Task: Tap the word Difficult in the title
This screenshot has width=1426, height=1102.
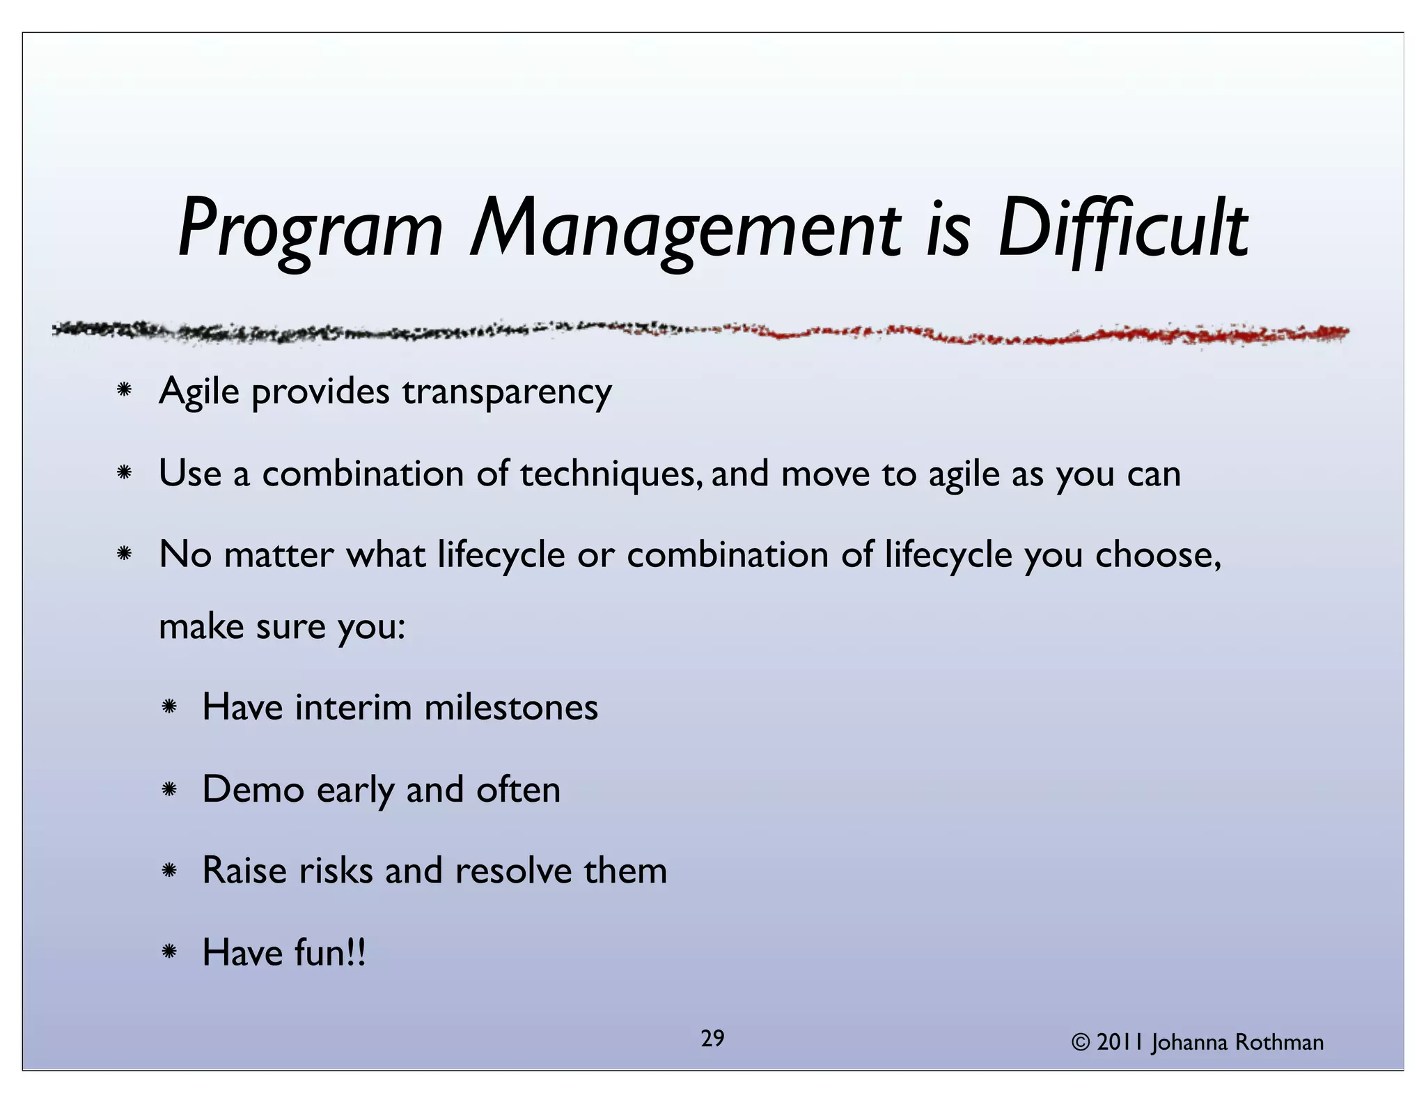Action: pyautogui.click(x=1122, y=228)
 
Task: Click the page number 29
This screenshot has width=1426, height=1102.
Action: pyautogui.click(x=712, y=1039)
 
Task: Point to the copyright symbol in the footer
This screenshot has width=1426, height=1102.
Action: pyautogui.click(x=1081, y=1042)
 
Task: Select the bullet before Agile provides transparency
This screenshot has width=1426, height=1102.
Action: pyautogui.click(x=125, y=390)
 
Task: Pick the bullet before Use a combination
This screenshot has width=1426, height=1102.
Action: pyautogui.click(x=125, y=473)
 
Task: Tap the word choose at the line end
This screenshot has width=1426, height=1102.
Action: pyautogui.click(x=1156, y=555)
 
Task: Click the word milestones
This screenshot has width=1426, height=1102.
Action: pyautogui.click(x=511, y=707)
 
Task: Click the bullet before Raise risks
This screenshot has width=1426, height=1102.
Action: pyautogui.click(x=169, y=871)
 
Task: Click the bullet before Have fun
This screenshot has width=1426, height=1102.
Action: pyautogui.click(x=169, y=952)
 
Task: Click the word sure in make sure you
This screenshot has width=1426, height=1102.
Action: pyautogui.click(x=290, y=626)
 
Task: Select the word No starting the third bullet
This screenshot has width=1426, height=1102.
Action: pyautogui.click(x=185, y=555)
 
